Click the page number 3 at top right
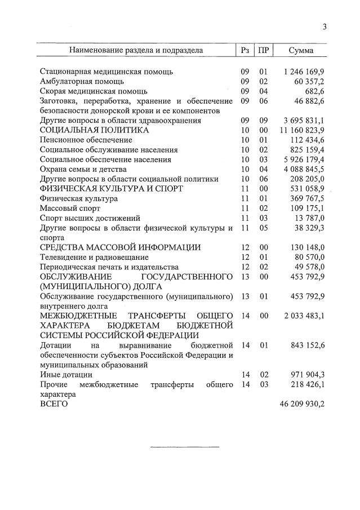[325, 26]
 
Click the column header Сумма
[301, 50]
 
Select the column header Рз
[245, 50]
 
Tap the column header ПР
[263, 50]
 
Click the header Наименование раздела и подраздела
[136, 50]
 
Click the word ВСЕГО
[54, 404]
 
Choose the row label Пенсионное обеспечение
[86, 140]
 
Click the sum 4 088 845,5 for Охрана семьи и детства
[304, 169]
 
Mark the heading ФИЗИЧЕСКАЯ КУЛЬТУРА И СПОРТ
[111, 189]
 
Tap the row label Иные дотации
[66, 374]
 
